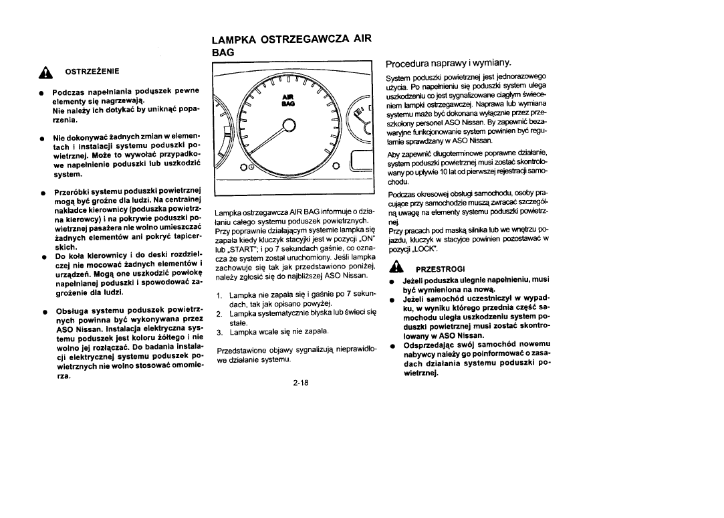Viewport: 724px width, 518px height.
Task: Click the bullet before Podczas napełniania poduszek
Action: [41, 90]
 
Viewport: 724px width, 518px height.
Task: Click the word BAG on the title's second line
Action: [223, 52]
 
